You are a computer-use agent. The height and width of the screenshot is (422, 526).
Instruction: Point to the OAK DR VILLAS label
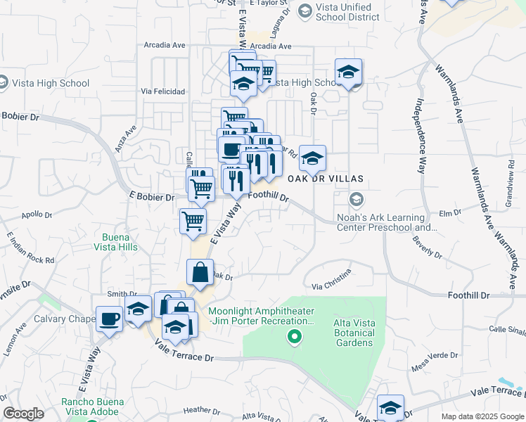pyautogui.click(x=325, y=179)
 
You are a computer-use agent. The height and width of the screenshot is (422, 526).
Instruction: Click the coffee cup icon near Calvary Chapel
pyautogui.click(x=109, y=319)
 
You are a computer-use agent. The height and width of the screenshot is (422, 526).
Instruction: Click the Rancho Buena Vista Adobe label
pyautogui.click(x=92, y=407)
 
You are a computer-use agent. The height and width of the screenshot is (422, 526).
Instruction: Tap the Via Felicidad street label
pyautogui.click(x=162, y=91)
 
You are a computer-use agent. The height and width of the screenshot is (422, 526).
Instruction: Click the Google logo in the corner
pyautogui.click(x=23, y=414)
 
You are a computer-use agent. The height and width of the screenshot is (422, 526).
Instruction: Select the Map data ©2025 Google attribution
pyautogui.click(x=482, y=416)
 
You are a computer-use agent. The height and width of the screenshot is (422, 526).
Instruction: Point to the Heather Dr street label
pyautogui.click(x=201, y=410)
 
